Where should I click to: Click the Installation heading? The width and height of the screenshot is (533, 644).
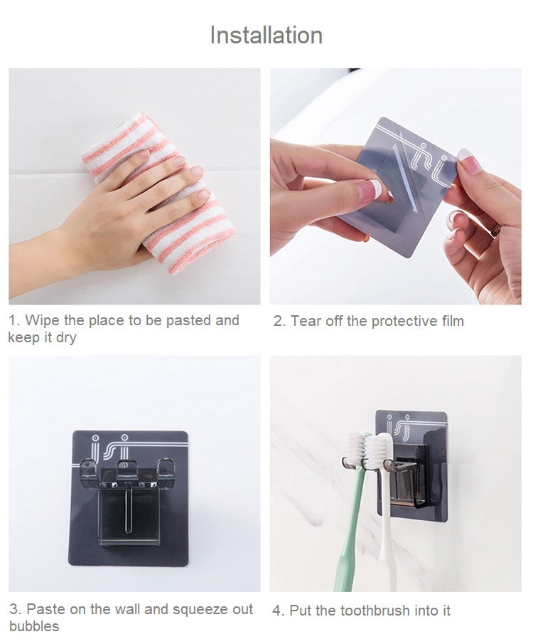pyautogui.click(x=266, y=36)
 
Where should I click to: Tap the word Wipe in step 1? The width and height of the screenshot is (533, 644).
pyautogui.click(x=43, y=320)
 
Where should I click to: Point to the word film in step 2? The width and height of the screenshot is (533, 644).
pyautogui.click(x=453, y=321)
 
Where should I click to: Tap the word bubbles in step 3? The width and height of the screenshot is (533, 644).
pyautogui.click(x=34, y=626)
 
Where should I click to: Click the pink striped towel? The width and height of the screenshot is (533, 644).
pyautogui.click(x=159, y=193)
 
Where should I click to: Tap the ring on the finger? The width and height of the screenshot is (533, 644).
pyautogui.click(x=495, y=230)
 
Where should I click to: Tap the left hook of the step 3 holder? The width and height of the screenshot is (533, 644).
pyautogui.click(x=89, y=469)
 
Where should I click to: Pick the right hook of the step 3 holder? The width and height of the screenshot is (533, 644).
pyautogui.click(x=166, y=468)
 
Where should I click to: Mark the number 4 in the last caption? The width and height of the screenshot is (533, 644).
pyautogui.click(x=277, y=611)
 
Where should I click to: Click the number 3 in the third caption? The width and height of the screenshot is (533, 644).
pyautogui.click(x=14, y=610)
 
